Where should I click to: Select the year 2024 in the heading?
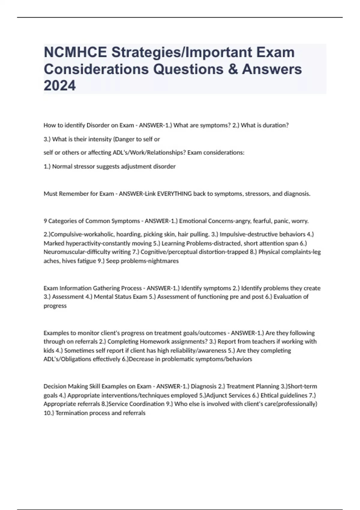point(60,86)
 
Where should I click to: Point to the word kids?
point(49,350)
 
